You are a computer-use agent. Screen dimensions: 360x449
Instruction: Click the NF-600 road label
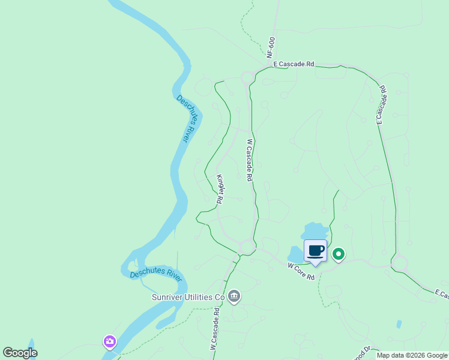click(271, 46)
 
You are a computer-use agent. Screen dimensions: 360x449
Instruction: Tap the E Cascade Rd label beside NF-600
click(294, 64)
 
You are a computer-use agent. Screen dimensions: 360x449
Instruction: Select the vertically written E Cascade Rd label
click(381, 104)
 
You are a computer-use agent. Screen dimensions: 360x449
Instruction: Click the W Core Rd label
click(301, 271)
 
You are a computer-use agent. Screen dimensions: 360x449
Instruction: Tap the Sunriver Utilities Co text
click(187, 297)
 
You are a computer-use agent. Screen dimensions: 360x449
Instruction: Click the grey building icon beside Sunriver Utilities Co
click(234, 296)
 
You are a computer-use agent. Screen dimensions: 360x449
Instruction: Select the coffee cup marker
click(315, 251)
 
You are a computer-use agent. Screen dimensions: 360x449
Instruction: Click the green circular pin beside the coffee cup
click(339, 254)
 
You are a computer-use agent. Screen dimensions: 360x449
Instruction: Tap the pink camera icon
click(109, 342)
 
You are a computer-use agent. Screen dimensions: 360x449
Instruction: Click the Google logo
click(20, 353)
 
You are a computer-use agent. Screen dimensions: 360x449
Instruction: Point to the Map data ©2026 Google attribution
click(412, 355)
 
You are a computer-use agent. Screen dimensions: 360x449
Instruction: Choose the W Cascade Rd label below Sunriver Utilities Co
click(214, 329)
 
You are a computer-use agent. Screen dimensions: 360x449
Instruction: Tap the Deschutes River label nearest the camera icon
click(156, 275)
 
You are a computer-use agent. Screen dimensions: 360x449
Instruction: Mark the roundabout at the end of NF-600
click(247, 77)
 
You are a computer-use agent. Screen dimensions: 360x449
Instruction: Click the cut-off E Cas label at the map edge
click(442, 293)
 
